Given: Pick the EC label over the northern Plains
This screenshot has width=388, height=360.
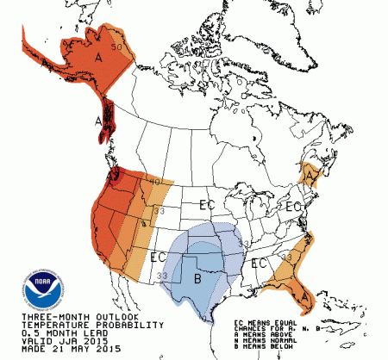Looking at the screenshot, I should click(207, 205).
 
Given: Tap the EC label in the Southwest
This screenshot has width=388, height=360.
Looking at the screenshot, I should click(158, 256).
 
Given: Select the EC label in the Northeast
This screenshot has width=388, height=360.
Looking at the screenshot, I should click(292, 208).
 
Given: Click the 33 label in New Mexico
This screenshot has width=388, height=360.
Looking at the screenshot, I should click(164, 275).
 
